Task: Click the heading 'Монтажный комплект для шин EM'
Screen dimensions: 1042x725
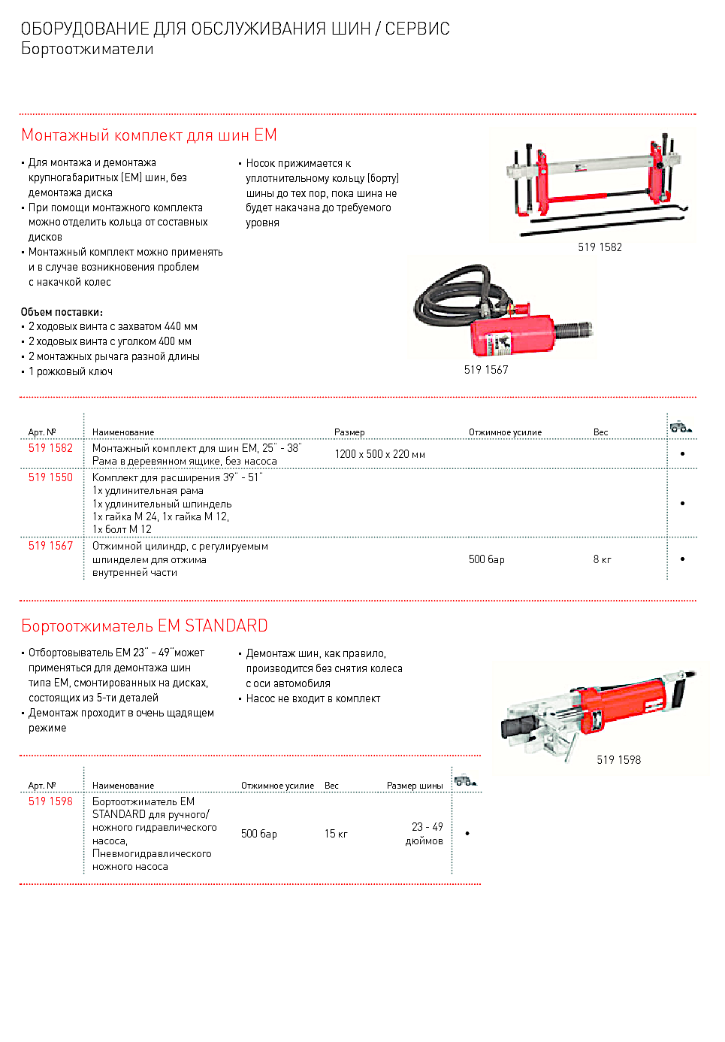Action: click(x=149, y=135)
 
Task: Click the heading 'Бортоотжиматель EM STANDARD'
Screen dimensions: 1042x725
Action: click(x=144, y=626)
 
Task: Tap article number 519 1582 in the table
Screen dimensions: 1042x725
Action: click(x=50, y=448)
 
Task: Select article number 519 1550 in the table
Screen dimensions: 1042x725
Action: click(x=50, y=477)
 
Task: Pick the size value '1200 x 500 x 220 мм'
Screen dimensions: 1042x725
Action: click(x=379, y=454)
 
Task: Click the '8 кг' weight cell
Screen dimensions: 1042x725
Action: click(x=602, y=559)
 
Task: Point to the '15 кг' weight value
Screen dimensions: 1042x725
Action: click(x=336, y=834)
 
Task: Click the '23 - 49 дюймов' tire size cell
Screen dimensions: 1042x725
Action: click(x=425, y=834)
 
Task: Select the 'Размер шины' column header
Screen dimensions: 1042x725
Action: click(x=415, y=786)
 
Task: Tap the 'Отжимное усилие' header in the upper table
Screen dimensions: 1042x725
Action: click(x=505, y=432)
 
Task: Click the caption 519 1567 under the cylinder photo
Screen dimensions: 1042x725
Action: click(x=486, y=370)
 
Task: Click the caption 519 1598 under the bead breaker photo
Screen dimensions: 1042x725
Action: click(x=618, y=760)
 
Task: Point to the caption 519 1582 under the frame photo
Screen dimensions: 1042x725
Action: click(x=600, y=247)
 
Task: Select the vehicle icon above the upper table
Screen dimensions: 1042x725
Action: click(x=681, y=427)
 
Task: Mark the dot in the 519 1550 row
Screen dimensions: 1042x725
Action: click(x=682, y=503)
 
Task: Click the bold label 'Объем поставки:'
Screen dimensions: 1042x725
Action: click(x=62, y=312)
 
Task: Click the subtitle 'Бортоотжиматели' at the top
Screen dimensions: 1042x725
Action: click(x=87, y=49)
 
